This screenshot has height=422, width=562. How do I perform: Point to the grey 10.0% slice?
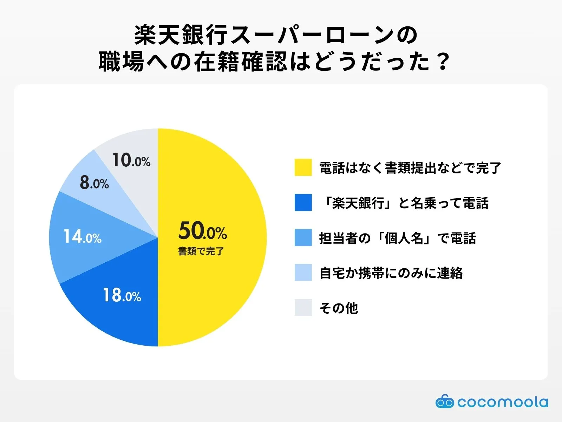pyautogui.click(x=133, y=164)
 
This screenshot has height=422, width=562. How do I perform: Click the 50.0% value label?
pyautogui.click(x=203, y=231)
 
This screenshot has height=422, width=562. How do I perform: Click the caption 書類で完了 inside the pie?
pyautogui.click(x=201, y=251)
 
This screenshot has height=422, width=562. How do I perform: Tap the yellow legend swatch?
pyautogui.click(x=303, y=167)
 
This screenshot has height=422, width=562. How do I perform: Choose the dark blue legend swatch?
pyautogui.click(x=303, y=203)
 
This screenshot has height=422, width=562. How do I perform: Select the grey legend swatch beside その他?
pyautogui.click(x=303, y=307)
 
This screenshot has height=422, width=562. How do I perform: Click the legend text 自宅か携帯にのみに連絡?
pyautogui.click(x=391, y=273)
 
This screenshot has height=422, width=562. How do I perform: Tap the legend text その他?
pyautogui.click(x=339, y=308)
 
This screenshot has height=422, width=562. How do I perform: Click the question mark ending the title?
pyautogui.click(x=443, y=61)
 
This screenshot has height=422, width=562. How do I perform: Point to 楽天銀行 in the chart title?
pyautogui.click(x=181, y=35)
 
